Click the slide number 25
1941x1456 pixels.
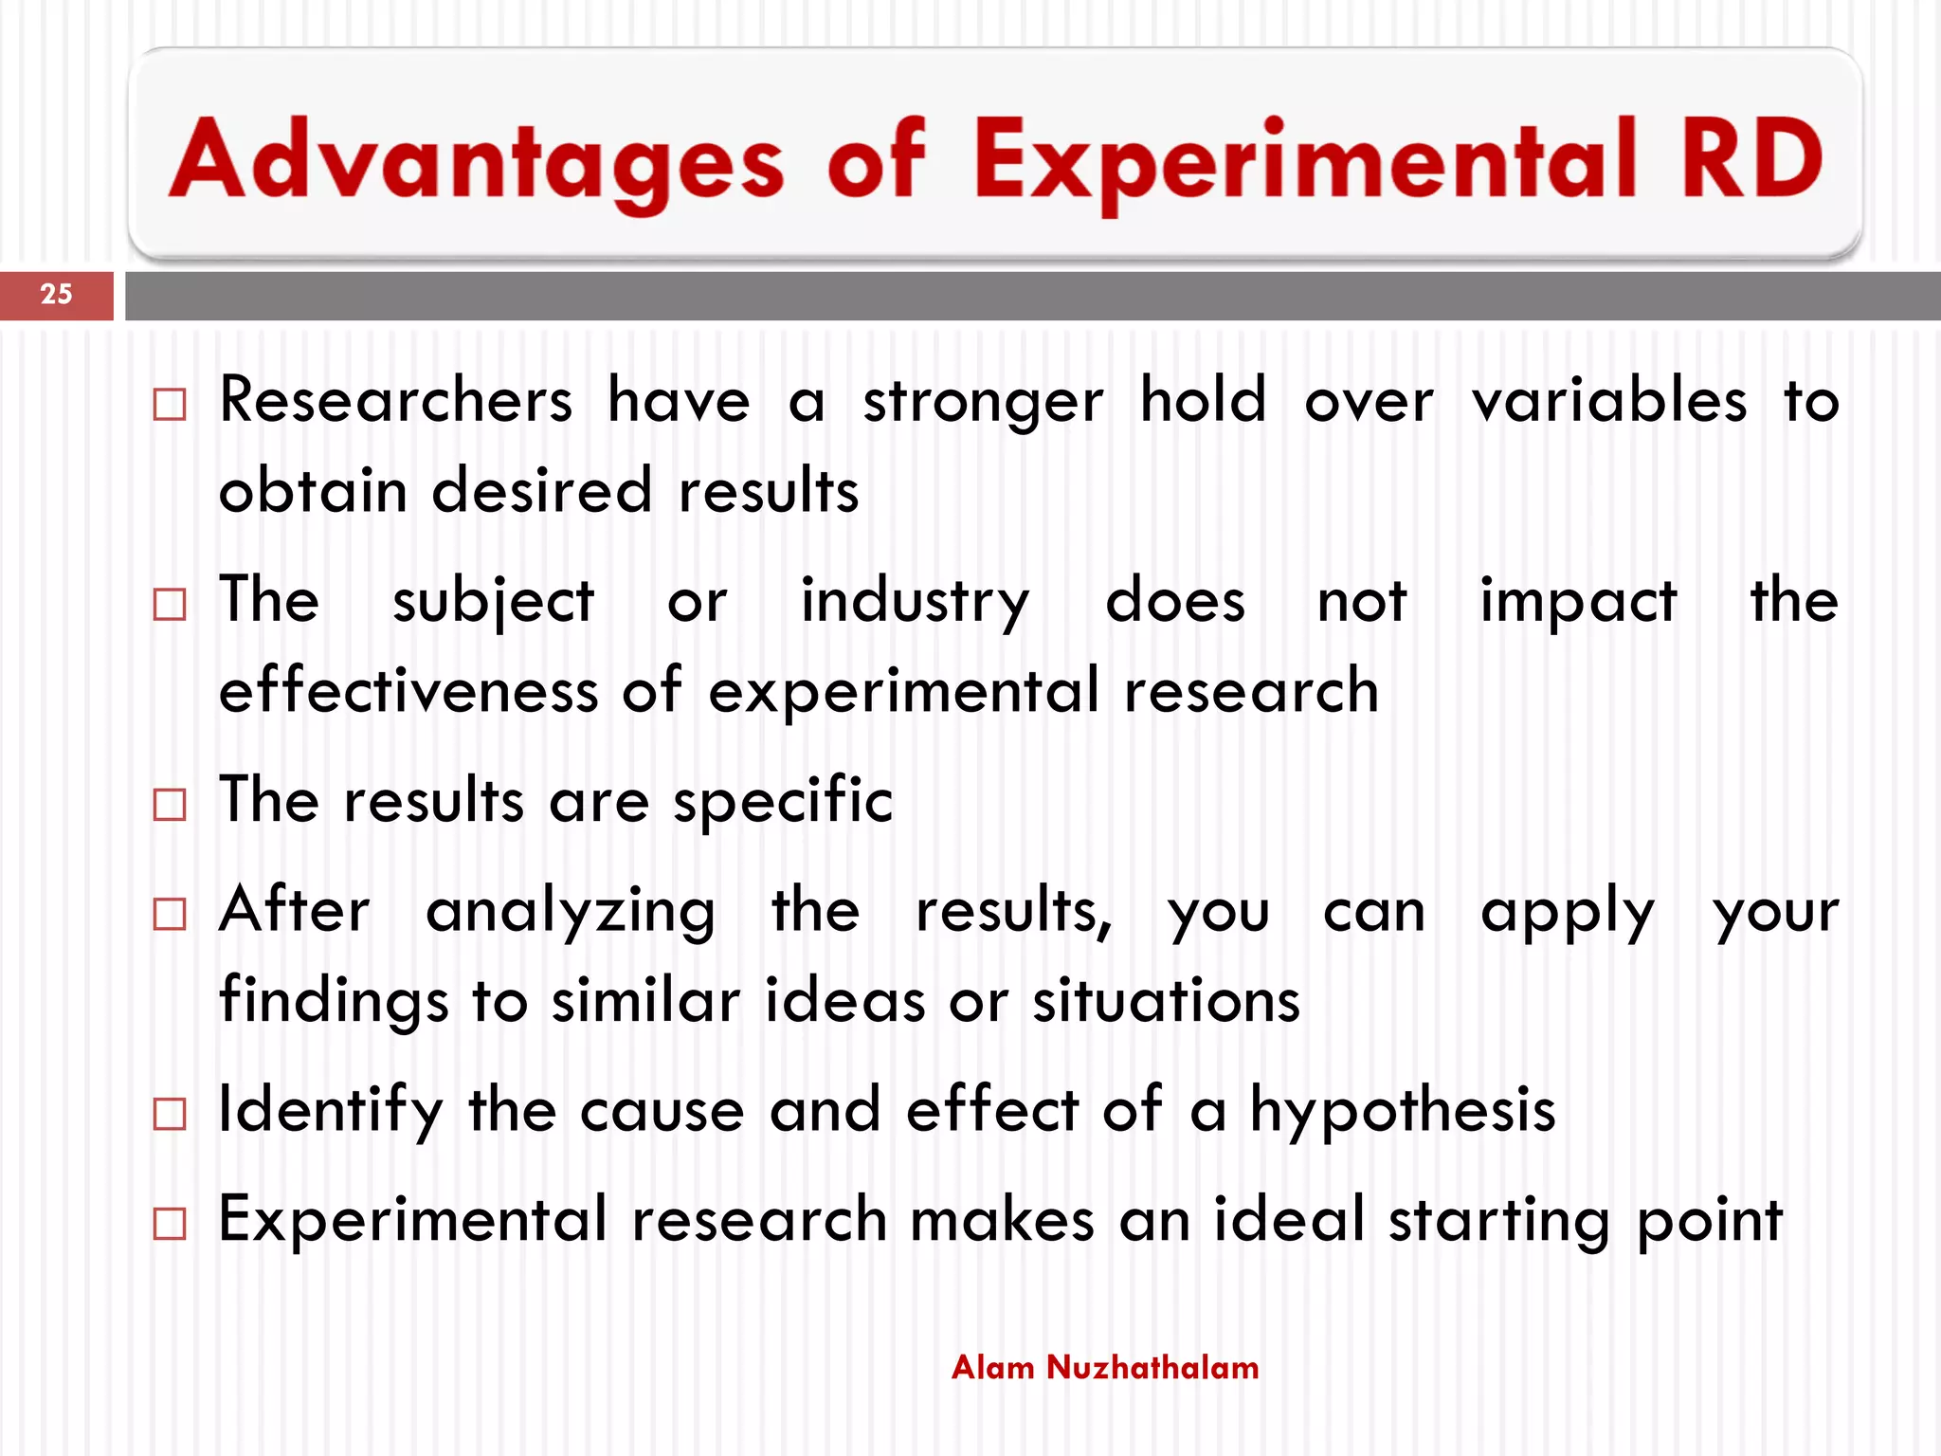[56, 294]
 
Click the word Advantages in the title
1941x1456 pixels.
[477, 159]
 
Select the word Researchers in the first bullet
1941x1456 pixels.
[396, 400]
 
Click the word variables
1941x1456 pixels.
[1608, 400]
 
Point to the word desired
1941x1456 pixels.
[542, 491]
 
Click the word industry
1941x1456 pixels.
[915, 601]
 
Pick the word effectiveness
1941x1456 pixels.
[408, 690]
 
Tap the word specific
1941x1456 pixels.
[783, 801]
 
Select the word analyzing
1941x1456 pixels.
[571, 911]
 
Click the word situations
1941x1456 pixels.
[1166, 1001]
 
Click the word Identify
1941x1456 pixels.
[330, 1111]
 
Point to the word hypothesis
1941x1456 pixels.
[1403, 1111]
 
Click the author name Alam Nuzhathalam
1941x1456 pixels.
[1105, 1367]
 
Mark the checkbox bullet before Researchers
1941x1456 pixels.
[170, 405]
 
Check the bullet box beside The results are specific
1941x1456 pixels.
[170, 805]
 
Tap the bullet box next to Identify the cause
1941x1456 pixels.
[170, 1114]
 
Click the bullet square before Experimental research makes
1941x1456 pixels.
[170, 1224]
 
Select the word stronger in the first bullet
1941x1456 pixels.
[983, 402]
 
